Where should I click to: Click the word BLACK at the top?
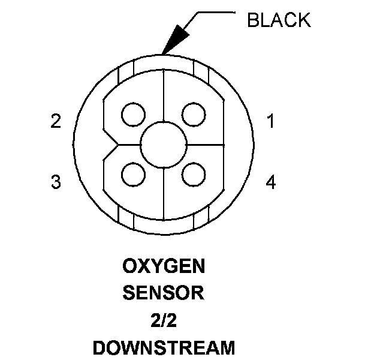click(279, 20)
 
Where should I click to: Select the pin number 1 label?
click(271, 122)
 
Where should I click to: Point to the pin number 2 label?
click(56, 122)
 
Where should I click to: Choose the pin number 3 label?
click(56, 182)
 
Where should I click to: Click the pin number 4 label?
click(271, 182)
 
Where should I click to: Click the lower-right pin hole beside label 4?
click(193, 175)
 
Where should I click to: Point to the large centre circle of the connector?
click(163, 145)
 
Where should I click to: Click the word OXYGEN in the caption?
click(163, 265)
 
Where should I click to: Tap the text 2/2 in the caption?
click(163, 320)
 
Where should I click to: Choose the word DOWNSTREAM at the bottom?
click(163, 347)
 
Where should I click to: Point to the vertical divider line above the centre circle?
click(163, 102)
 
